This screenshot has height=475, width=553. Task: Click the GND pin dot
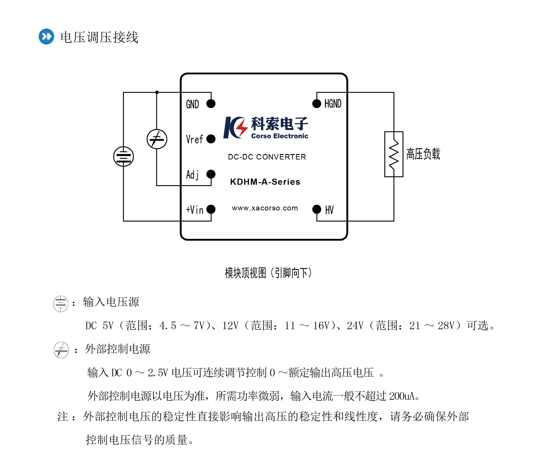(x=211, y=104)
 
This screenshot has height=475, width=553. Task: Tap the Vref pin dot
(x=211, y=139)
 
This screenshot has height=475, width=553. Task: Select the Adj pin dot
(x=211, y=174)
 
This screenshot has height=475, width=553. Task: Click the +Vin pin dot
(x=211, y=209)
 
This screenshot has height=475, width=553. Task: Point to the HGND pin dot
(x=317, y=104)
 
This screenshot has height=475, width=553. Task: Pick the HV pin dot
(x=317, y=209)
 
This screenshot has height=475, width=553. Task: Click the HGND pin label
(x=333, y=104)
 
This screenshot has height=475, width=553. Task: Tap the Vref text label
(x=194, y=139)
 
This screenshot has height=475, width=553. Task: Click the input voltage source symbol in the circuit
(x=123, y=157)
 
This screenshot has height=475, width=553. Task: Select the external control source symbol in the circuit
(x=157, y=139)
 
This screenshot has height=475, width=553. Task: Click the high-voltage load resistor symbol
(x=394, y=154)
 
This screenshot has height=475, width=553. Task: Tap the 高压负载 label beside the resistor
(x=423, y=154)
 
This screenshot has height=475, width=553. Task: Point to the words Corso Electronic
(x=279, y=136)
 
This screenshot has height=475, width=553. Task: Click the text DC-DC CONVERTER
(x=267, y=157)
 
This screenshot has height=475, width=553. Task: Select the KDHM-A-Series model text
(x=265, y=182)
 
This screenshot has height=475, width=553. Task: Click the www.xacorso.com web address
(x=265, y=208)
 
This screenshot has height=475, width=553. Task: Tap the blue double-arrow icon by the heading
(x=46, y=37)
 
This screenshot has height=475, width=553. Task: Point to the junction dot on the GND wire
(x=157, y=92)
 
